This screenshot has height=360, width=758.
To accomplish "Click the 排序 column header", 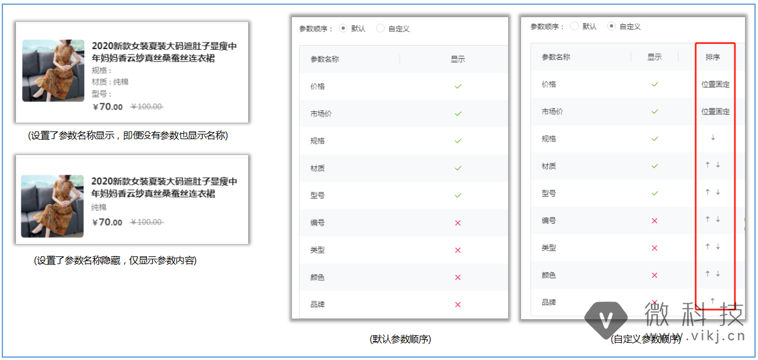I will [x=712, y=57].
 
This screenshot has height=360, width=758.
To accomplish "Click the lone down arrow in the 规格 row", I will [x=713, y=138].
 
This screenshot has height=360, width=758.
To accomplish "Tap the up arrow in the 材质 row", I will [x=708, y=165].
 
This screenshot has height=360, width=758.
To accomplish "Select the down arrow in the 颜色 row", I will [x=718, y=274].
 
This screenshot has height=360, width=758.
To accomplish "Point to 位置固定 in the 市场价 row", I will [x=715, y=111].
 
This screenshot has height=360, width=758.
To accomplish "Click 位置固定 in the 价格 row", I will [x=715, y=84].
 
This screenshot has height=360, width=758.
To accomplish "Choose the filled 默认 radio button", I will [x=343, y=28].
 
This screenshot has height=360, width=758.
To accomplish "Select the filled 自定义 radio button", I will [x=612, y=27].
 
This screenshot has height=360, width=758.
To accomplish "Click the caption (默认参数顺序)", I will [x=400, y=339].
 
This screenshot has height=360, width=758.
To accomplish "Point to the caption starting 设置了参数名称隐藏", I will [x=115, y=261].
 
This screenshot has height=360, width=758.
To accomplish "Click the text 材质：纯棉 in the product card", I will [x=110, y=82].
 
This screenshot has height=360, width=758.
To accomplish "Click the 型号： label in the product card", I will [x=101, y=94].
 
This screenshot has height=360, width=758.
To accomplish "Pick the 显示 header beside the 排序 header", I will [x=654, y=57].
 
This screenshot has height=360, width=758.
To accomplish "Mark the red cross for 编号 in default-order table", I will [x=458, y=223].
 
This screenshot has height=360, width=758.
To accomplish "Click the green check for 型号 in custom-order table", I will [x=654, y=193].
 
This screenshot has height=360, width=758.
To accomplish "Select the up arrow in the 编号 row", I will [x=708, y=220].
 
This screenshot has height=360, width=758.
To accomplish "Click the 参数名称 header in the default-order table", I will [x=325, y=59].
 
